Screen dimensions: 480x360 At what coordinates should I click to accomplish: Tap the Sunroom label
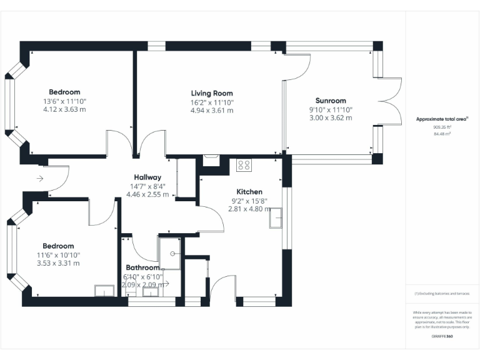point(331,101)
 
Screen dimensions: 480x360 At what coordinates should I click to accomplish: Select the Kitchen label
point(249,192)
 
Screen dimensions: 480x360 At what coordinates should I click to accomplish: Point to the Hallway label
point(147,177)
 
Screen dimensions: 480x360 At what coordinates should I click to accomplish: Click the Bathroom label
point(142,268)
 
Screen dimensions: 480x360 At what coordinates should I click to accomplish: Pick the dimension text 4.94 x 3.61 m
point(212,111)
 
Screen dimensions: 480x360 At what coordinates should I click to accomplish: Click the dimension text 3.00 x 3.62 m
point(331,117)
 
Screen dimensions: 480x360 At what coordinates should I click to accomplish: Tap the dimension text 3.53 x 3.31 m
point(58,263)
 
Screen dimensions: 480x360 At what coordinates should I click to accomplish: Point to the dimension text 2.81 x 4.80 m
point(249,209)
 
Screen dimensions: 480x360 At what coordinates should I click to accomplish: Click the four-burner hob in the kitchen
point(244,166)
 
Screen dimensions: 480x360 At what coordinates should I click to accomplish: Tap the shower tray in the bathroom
point(170,250)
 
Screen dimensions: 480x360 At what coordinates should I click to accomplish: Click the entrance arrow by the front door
point(40,179)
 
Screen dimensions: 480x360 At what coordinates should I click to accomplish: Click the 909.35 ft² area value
point(442,127)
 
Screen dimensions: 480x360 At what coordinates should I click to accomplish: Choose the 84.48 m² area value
point(442,134)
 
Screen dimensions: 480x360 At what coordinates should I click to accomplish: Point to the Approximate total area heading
point(442,119)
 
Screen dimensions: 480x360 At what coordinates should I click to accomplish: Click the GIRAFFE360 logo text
point(442,337)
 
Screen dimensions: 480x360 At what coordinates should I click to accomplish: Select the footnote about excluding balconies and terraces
point(442,292)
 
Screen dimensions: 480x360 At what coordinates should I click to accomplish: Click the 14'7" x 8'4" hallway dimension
point(147,186)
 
